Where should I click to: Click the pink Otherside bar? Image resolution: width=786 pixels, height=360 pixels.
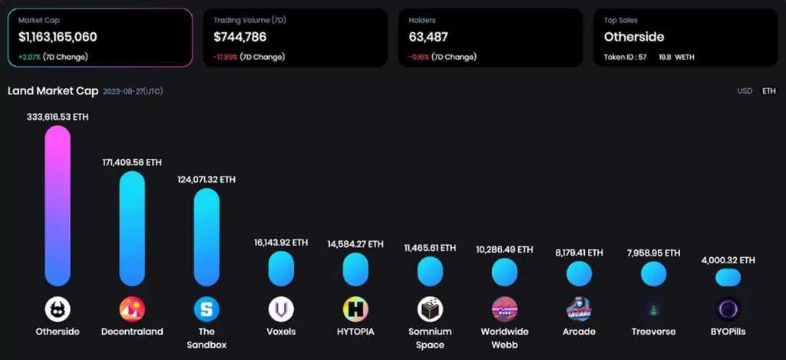[58, 206]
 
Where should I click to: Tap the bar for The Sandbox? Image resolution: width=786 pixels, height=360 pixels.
[206, 237]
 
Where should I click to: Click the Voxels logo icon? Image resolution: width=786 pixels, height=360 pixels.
[281, 309]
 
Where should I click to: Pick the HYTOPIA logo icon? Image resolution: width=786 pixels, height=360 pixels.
[355, 309]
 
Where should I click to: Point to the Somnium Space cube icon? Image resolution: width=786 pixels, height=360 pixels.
[430, 309]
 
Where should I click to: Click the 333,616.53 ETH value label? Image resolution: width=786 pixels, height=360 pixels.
[58, 116]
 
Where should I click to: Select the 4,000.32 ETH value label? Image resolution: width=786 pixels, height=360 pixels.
[728, 260]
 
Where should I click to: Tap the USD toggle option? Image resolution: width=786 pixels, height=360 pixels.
[745, 91]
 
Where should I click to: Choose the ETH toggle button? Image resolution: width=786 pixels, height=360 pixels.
[768, 91]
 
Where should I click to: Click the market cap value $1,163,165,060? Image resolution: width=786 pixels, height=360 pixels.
[58, 36]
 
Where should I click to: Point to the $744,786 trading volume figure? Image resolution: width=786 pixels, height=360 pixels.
[240, 36]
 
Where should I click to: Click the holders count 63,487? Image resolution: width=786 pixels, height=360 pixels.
[428, 36]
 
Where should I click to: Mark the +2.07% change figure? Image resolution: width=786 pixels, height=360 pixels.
[30, 57]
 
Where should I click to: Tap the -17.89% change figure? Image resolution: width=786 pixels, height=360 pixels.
[225, 57]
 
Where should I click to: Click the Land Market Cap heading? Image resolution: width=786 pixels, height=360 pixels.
[53, 91]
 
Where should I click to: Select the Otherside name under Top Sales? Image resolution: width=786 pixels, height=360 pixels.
[634, 36]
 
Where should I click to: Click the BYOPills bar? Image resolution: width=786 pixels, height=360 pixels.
[728, 277]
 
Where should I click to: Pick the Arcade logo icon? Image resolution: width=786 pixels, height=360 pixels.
[579, 309]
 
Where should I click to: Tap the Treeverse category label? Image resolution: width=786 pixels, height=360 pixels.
[653, 332]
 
